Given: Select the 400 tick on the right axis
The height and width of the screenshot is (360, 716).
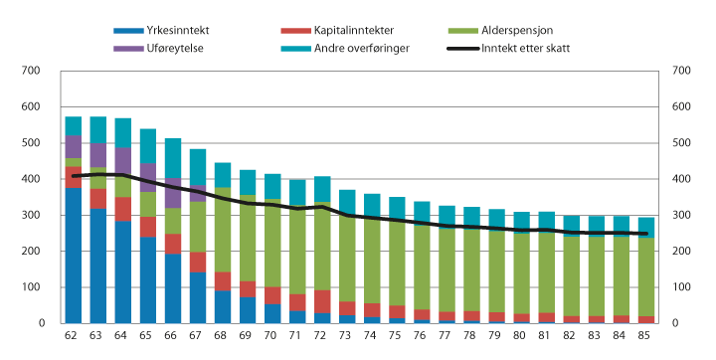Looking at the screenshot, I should pyautogui.click(x=683, y=179).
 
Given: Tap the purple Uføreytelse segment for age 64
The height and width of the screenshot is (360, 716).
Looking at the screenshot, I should pyautogui.click(x=122, y=161).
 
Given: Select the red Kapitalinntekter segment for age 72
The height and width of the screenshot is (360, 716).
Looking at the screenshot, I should pyautogui.click(x=321, y=301).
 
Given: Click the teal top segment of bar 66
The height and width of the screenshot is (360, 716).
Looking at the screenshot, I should pyautogui.click(x=172, y=158).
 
